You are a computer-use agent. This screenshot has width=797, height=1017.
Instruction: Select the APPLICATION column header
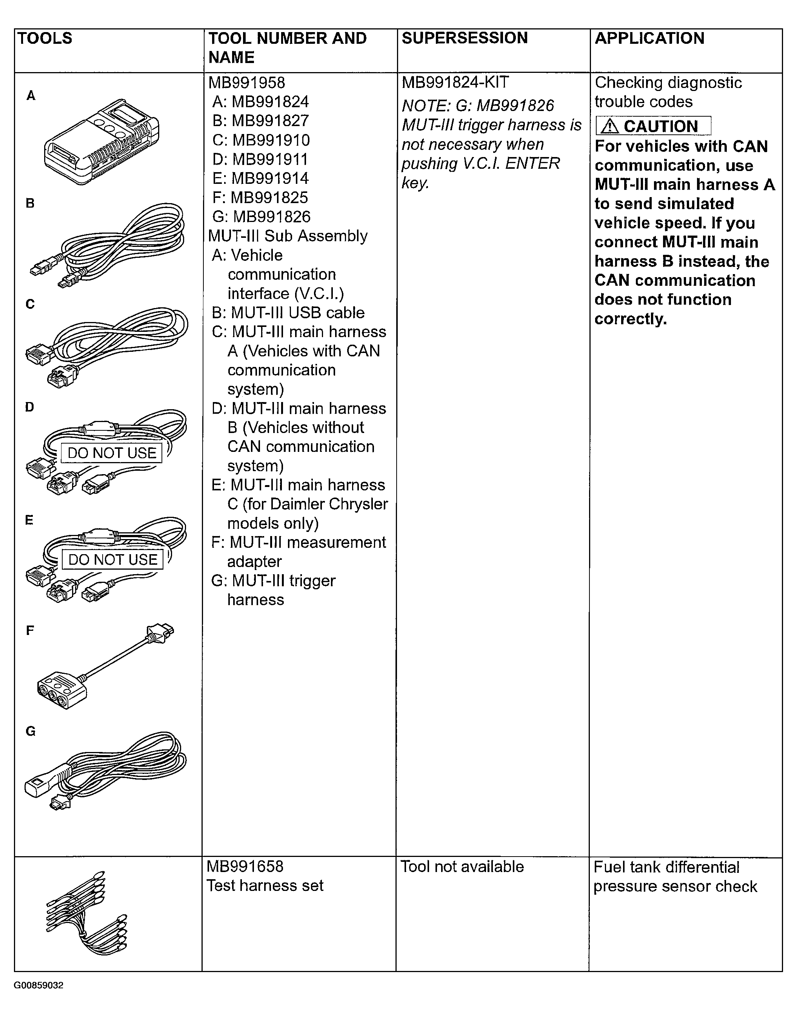649,38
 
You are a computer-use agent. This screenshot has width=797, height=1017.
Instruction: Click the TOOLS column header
45,38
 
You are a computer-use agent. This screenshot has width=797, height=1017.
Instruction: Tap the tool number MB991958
246,83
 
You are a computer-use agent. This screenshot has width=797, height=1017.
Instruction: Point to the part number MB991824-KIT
455,82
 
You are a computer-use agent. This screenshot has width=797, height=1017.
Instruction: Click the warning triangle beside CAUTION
609,126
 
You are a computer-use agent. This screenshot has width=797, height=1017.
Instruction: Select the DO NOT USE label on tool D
112,453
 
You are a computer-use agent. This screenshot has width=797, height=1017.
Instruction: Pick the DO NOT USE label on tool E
112,559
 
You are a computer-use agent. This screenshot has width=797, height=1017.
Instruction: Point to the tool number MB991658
245,866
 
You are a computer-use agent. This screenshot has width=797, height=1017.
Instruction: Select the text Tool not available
462,866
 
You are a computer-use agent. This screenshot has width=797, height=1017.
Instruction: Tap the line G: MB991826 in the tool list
261,217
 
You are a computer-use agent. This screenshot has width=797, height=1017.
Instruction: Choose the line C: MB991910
261,140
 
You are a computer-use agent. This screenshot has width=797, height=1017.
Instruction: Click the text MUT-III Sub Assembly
288,236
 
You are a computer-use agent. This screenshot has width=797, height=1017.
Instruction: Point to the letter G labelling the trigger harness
30,731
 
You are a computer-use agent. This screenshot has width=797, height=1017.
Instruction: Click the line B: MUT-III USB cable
288,312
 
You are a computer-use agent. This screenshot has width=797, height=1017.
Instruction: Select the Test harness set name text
265,885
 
